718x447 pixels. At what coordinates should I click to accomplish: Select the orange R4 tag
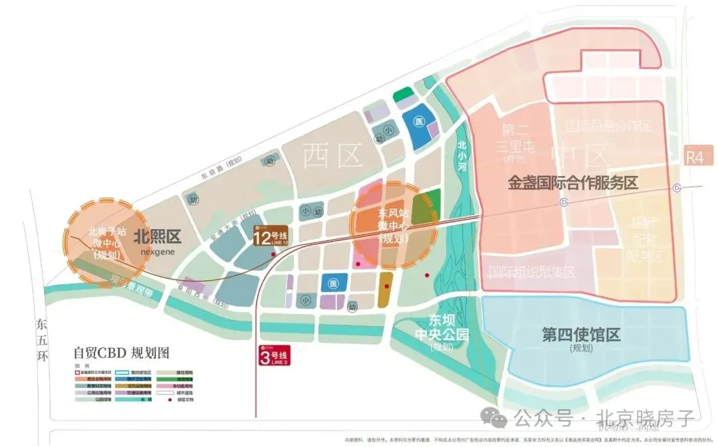coord(695,157)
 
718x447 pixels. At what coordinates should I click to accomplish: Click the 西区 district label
coord(332,157)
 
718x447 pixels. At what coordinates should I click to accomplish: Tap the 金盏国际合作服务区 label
coord(572,183)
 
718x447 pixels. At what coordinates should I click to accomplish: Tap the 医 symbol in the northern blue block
coord(419,122)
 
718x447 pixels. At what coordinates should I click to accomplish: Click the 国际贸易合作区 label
coord(608,125)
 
